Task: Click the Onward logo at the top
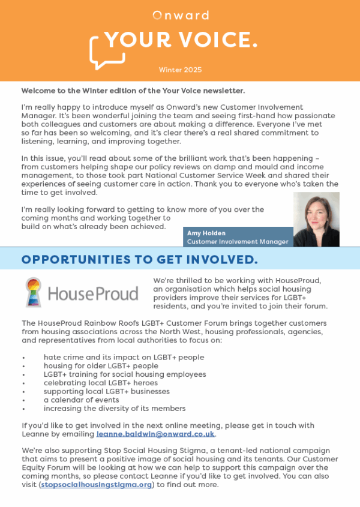(180, 15)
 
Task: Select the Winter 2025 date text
(180, 70)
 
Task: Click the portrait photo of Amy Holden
(316, 219)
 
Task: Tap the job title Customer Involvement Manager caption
(238, 242)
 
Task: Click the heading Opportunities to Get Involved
(139, 259)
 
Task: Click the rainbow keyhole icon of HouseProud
(34, 292)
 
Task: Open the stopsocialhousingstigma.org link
(98, 485)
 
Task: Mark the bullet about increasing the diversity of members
(114, 409)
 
